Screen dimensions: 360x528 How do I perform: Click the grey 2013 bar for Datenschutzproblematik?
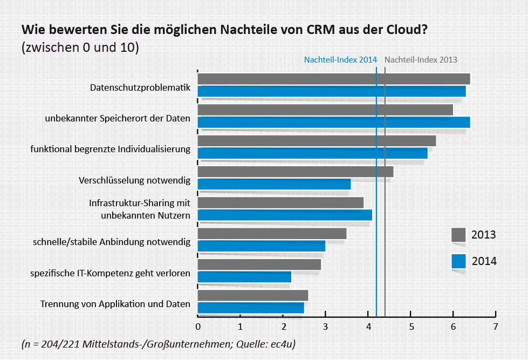click(x=334, y=79)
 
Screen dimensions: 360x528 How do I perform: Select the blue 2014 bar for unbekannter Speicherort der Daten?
click(x=334, y=122)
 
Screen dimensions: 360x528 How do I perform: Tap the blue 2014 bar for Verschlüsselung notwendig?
click(x=275, y=184)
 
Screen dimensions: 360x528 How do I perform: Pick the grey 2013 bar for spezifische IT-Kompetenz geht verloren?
click(x=259, y=264)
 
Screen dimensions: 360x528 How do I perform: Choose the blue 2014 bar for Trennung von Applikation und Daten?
click(x=251, y=308)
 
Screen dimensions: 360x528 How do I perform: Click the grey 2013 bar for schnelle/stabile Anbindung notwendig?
click(x=272, y=234)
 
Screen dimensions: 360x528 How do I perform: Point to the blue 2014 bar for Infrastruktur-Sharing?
click(x=285, y=215)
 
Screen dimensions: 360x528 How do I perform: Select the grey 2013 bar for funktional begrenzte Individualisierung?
click(x=317, y=141)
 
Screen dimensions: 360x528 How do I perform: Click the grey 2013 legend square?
click(x=458, y=235)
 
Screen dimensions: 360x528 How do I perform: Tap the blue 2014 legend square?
click(x=458, y=261)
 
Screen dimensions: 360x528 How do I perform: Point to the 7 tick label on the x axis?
click(x=495, y=327)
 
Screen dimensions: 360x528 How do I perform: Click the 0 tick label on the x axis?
click(x=198, y=327)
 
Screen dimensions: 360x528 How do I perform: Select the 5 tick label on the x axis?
click(x=410, y=327)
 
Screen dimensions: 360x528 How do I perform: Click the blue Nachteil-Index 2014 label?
click(x=340, y=60)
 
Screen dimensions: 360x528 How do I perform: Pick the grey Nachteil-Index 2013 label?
click(x=421, y=60)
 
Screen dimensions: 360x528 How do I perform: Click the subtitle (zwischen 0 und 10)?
click(x=80, y=47)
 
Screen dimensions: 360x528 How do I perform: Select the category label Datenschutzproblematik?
click(x=140, y=87)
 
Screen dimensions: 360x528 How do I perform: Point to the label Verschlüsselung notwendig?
click(x=134, y=180)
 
